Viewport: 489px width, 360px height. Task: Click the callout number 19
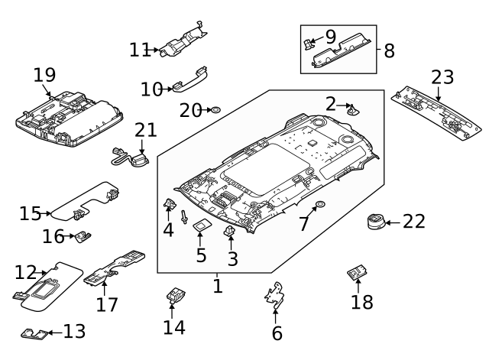(x=45, y=75)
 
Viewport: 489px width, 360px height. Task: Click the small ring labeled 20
(x=216, y=111)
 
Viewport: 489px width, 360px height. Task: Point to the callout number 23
(x=442, y=77)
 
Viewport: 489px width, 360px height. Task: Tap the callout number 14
(x=174, y=327)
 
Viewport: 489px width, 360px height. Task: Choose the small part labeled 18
(x=357, y=272)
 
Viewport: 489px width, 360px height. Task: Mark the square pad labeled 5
(x=202, y=225)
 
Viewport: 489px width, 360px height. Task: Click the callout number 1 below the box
(x=218, y=287)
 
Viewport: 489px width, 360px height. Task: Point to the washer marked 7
(x=319, y=205)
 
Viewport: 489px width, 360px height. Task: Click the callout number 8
(x=389, y=51)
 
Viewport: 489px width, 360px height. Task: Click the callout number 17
(x=107, y=304)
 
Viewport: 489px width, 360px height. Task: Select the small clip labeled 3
(x=230, y=231)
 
